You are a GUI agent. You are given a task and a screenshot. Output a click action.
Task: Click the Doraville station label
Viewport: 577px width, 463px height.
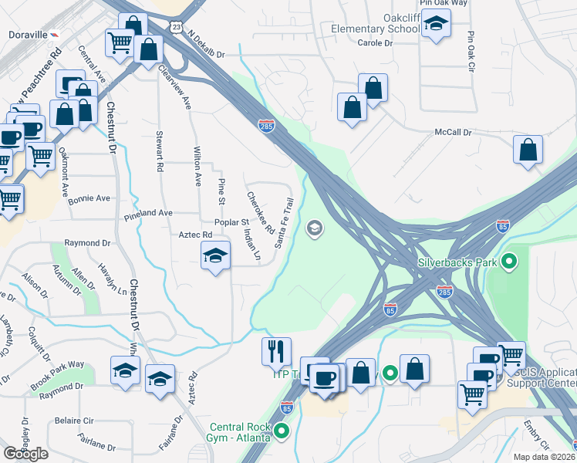point(28,35)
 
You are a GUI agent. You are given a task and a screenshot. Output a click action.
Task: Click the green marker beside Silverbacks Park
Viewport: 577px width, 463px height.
point(508,262)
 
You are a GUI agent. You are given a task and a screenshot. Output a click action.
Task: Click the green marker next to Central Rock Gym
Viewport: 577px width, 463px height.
point(282,431)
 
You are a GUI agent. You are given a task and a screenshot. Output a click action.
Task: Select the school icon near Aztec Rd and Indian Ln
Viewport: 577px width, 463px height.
point(216,256)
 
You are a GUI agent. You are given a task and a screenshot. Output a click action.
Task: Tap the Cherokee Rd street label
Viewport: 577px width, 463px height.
point(260,212)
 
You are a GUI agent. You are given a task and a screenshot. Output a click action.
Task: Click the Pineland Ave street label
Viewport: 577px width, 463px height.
point(149,212)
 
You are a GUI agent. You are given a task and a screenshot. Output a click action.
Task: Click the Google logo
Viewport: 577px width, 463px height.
point(25,453)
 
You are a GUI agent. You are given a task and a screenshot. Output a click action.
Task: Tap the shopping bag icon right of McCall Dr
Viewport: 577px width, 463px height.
point(528,151)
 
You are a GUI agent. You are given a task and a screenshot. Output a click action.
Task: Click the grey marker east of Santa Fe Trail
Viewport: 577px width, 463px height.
point(314,228)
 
